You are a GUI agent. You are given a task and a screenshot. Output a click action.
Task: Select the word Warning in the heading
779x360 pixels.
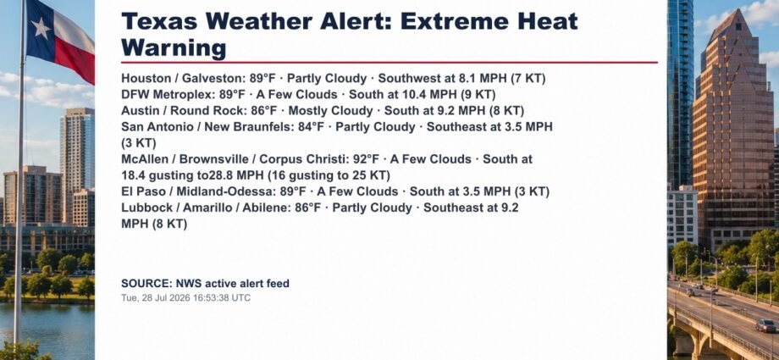click(x=174, y=48)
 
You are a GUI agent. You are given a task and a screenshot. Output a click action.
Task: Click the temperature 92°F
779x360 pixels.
click(x=366, y=159)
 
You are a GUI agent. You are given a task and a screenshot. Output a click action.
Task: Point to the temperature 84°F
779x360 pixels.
click(x=311, y=127)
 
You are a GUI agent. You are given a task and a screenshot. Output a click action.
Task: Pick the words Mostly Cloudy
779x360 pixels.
click(x=330, y=111)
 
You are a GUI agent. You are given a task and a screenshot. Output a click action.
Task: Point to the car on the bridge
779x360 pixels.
click(x=765, y=325)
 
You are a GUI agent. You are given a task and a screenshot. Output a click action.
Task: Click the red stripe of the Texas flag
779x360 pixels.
click(x=75, y=59)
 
